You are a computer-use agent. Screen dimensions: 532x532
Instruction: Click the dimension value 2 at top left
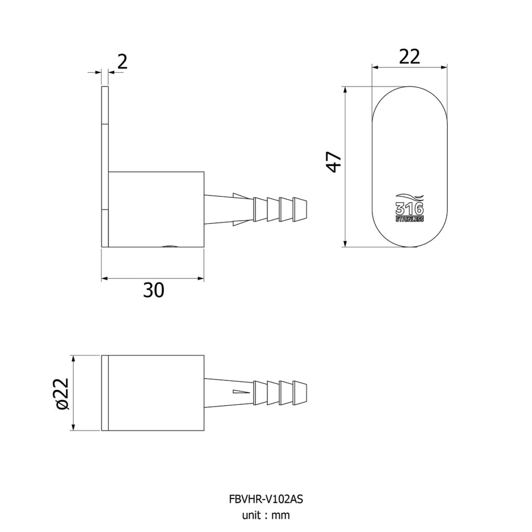(x=123, y=62)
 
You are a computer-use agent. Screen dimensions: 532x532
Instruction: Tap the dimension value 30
(x=154, y=290)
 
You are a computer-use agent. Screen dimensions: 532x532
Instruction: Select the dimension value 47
(x=334, y=162)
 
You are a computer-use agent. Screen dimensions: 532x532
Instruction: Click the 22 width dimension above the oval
(x=409, y=57)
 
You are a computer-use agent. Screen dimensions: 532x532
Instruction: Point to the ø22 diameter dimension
(x=62, y=394)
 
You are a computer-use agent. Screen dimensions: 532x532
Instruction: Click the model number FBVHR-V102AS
(x=266, y=499)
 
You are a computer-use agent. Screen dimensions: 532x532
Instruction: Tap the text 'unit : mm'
(x=266, y=515)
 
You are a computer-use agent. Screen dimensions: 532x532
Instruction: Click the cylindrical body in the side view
(x=156, y=209)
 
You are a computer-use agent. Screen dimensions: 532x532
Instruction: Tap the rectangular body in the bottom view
(x=156, y=393)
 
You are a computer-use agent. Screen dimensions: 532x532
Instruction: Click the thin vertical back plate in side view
(x=105, y=167)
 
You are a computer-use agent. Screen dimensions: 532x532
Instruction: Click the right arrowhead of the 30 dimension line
(x=201, y=278)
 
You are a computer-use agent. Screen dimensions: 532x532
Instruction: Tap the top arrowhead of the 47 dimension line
(x=345, y=89)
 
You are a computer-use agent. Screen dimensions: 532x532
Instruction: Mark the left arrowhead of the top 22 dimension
(x=376, y=67)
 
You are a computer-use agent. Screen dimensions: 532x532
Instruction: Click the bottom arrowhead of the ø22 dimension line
(x=73, y=427)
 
